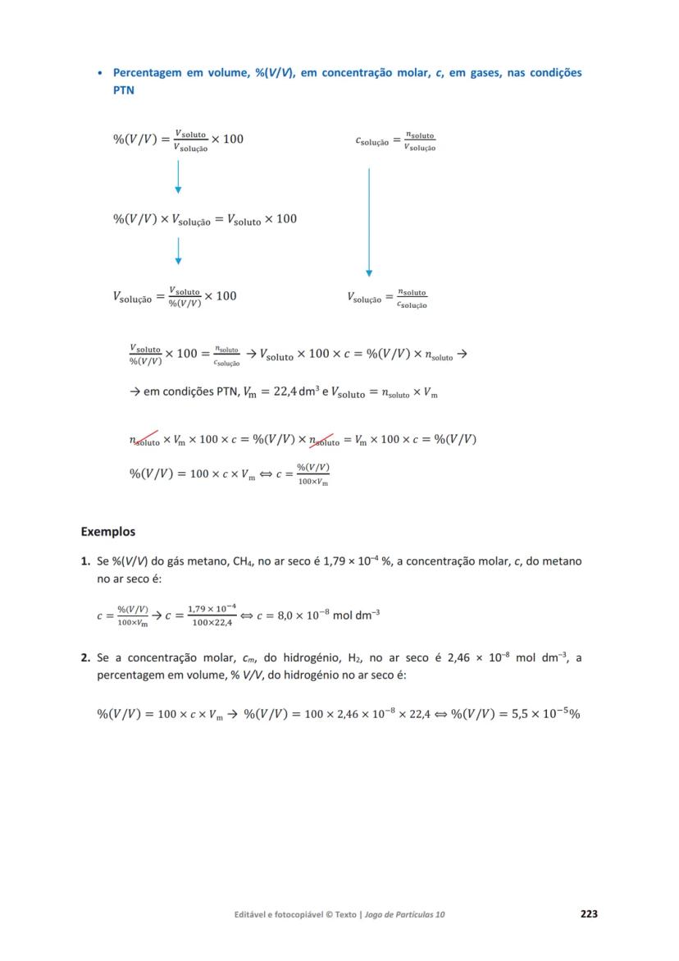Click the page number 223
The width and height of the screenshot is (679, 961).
tap(588, 913)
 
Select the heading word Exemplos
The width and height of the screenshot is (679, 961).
tap(107, 532)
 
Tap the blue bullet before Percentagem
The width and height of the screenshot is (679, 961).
tap(100, 74)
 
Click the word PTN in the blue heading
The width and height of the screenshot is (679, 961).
tap(123, 90)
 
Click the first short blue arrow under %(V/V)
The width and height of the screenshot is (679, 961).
tap(178, 177)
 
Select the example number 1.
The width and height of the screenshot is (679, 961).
tap(85, 562)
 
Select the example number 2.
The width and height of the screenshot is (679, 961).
tap(85, 657)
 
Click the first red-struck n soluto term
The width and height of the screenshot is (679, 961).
tap(144, 439)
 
